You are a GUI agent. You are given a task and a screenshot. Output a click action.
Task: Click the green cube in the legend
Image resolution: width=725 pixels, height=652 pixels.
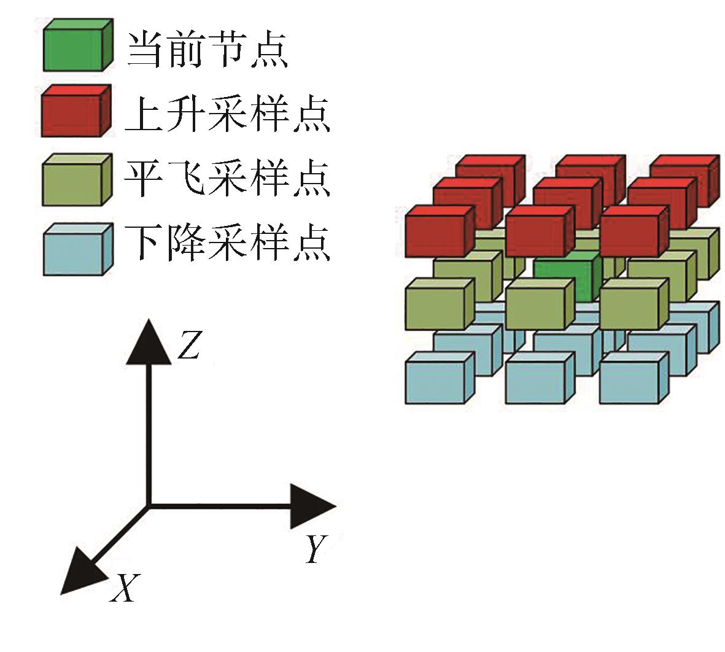(76, 45)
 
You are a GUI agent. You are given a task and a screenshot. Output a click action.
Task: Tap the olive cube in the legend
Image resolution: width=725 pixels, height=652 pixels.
(76, 179)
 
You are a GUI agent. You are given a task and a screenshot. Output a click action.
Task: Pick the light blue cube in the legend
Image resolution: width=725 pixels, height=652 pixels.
(76, 249)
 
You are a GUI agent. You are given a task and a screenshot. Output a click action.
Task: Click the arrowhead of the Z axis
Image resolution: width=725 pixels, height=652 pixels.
(147, 341)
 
